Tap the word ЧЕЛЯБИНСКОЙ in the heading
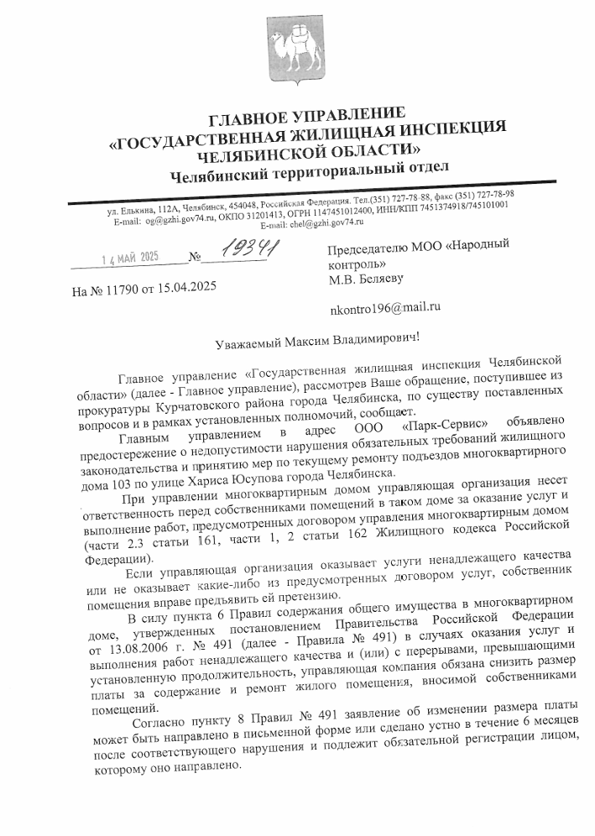tap(253, 155)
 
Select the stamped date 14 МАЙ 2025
tap(129, 257)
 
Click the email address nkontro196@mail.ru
tap(386, 306)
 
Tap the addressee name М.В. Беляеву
tap(369, 278)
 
